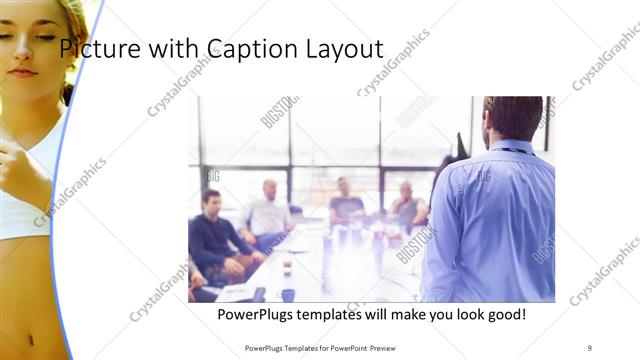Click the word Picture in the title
click(x=95, y=48)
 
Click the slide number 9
click(x=590, y=348)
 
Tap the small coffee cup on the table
click(x=287, y=267)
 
